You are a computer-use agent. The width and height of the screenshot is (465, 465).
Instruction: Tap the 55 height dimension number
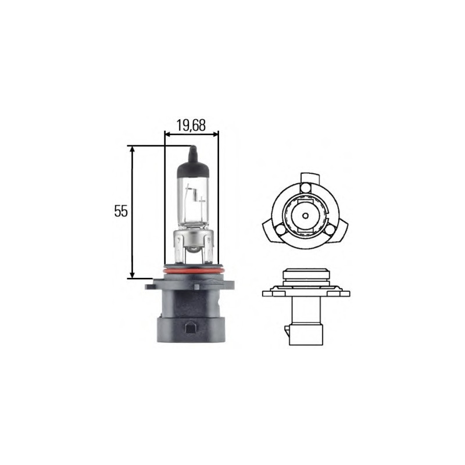pyautogui.click(x=120, y=212)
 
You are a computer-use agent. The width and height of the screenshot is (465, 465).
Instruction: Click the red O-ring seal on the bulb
pyautogui.click(x=192, y=271)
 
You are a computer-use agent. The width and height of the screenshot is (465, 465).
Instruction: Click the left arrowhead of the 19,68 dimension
pyautogui.click(x=168, y=134)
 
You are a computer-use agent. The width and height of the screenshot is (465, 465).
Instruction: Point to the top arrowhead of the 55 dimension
pyautogui.click(x=133, y=149)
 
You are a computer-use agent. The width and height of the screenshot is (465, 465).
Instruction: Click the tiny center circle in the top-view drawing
pyautogui.click(x=305, y=214)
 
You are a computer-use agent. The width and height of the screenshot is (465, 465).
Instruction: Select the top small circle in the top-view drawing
pyautogui.click(x=305, y=187)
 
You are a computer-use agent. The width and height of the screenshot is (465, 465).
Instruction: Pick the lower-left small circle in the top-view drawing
pyautogui.click(x=281, y=229)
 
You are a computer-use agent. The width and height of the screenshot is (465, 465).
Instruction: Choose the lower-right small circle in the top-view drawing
pyautogui.click(x=329, y=229)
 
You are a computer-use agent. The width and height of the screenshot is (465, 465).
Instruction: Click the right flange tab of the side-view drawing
pyautogui.click(x=342, y=292)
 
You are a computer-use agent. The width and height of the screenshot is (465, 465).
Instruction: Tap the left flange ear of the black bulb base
pyautogui.click(x=152, y=285)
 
